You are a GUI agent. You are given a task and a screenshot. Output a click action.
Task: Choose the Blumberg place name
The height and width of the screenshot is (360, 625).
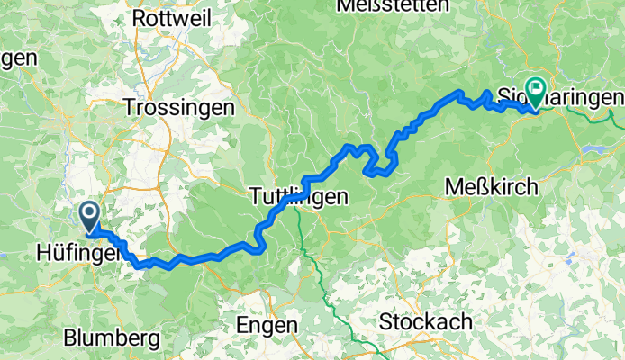(112, 337)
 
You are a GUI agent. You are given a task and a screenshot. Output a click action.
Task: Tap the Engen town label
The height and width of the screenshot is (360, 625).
(266, 324)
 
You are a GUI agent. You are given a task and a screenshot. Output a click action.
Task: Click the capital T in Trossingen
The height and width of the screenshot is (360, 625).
(129, 106)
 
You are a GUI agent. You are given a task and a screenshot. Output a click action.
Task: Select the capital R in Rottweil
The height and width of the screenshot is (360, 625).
(140, 17)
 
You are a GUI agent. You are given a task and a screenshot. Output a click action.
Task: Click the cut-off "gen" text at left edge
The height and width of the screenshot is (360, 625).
(18, 58)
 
